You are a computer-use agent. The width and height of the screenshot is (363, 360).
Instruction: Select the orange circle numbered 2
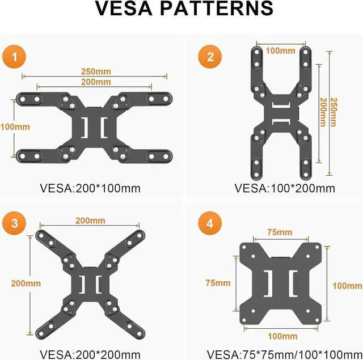tap(210, 56)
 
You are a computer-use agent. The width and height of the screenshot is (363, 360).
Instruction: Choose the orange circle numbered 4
tap(210, 223)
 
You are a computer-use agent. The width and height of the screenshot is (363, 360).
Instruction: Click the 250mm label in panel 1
tap(95, 71)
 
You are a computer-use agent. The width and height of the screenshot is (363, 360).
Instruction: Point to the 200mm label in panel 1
tap(95, 82)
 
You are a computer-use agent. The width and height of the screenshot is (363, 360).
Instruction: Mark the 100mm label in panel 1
tap(15, 127)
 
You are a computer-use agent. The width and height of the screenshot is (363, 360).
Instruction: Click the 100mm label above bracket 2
tap(281, 51)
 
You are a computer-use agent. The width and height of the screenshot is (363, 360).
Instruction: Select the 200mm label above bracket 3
tap(90, 221)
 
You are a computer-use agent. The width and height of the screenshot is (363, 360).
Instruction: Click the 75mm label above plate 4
tap(280, 232)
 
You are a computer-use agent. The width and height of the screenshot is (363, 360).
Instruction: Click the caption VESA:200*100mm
tap(90, 188)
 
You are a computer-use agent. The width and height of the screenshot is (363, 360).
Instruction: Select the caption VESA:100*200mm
tap(284, 188)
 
